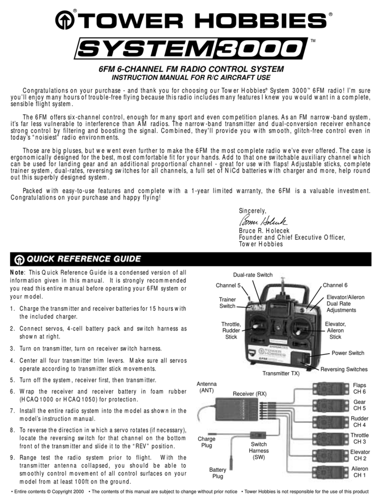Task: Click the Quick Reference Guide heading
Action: [83, 259]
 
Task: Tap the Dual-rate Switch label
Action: [252, 275]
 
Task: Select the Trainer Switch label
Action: [227, 303]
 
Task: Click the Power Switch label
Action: [347, 353]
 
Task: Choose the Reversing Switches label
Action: [344, 369]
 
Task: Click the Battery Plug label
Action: [217, 473]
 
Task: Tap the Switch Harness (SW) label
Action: [258, 451]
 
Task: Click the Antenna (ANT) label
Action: [206, 387]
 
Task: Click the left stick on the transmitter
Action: [256, 326]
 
